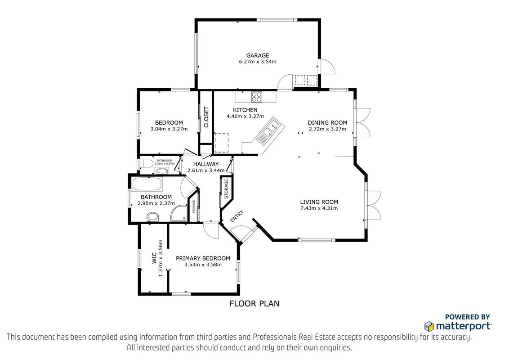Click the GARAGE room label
[257, 55]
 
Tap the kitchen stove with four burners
[256, 96]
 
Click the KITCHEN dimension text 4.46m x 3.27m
[245, 116]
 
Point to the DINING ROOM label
[327, 122]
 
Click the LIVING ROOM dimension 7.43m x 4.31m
[319, 208]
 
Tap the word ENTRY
[237, 216]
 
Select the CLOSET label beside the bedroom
[206, 117]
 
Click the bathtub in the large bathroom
[147, 184]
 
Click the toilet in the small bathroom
[146, 163]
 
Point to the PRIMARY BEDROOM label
[203, 258]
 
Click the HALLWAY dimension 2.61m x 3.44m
[206, 170]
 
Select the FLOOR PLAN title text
[254, 303]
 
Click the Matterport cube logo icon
[429, 326]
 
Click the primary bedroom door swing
[212, 231]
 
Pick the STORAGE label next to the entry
[226, 189]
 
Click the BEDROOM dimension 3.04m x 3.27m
[169, 129]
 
